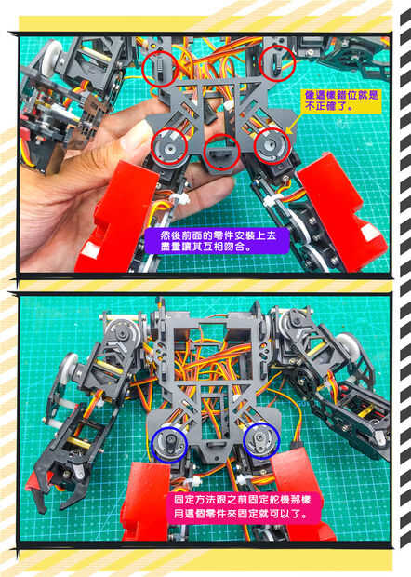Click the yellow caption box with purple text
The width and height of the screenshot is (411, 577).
tap(341, 101)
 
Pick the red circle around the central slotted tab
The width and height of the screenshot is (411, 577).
tap(221, 153)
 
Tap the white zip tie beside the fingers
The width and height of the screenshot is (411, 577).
tap(179, 199)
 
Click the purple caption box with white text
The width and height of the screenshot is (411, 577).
tap(217, 241)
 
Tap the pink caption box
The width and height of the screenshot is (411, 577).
tap(244, 506)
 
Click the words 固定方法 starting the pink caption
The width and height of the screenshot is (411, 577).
tap(193, 500)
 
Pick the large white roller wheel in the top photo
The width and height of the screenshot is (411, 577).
tap(52, 59)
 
